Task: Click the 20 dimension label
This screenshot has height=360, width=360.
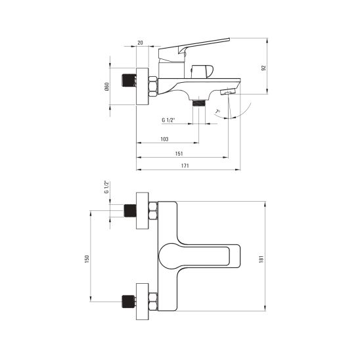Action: click(x=140, y=43)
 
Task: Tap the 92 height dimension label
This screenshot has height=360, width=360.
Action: click(x=263, y=68)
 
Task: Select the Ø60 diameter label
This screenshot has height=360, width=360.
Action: click(x=107, y=86)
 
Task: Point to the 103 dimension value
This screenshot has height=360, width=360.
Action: click(x=164, y=139)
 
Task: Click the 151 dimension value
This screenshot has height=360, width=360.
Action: click(x=179, y=154)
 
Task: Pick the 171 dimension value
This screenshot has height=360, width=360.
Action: click(x=185, y=166)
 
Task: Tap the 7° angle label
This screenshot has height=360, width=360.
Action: click(x=217, y=112)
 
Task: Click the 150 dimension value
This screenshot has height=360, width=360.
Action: click(x=87, y=259)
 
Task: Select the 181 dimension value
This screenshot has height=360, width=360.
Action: click(x=261, y=259)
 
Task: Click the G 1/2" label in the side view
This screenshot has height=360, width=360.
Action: click(x=168, y=120)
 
